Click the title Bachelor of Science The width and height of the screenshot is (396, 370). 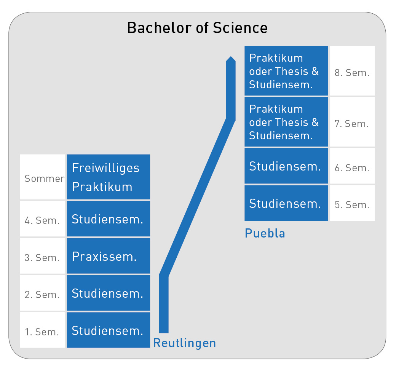pos(197,28)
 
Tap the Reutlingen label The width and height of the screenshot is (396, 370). pos(184,343)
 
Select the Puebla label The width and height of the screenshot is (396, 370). pos(265,233)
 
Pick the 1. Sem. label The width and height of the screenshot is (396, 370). pos(42,332)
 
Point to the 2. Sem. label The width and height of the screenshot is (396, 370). pos(42,294)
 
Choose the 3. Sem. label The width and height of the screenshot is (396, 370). pos(42,257)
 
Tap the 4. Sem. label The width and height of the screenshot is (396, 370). pos(42,220)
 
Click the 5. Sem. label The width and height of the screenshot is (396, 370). pos(352,205)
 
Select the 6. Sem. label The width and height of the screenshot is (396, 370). pos(352,168)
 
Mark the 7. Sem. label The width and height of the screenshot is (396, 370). pos(352,124)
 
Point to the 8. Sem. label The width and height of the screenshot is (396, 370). pos(352,73)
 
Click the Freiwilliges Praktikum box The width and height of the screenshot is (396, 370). pos(108,177)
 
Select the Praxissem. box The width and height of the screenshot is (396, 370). pos(108,256)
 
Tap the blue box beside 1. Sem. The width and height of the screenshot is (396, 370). pos(108,330)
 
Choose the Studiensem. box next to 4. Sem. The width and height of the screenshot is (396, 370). pos(108,219)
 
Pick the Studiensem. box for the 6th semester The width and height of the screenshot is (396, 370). pos(286,166)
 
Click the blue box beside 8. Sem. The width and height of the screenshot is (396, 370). pos(286,71)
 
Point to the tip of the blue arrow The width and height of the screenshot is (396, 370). pos(231,57)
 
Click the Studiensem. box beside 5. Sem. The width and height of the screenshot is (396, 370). pos(286,203)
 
